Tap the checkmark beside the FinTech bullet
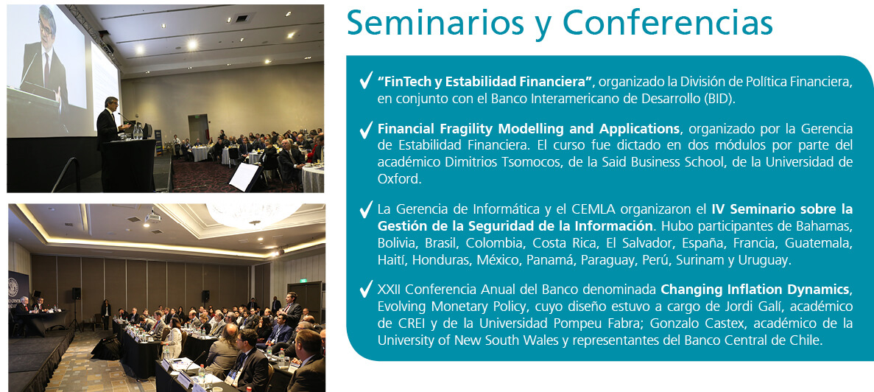click(366, 81)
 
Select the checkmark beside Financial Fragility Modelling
click(366, 130)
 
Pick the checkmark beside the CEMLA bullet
click(366, 210)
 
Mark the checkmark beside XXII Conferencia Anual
click(366, 290)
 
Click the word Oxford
click(398, 180)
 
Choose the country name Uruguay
click(764, 260)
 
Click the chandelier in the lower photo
click(253, 214)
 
